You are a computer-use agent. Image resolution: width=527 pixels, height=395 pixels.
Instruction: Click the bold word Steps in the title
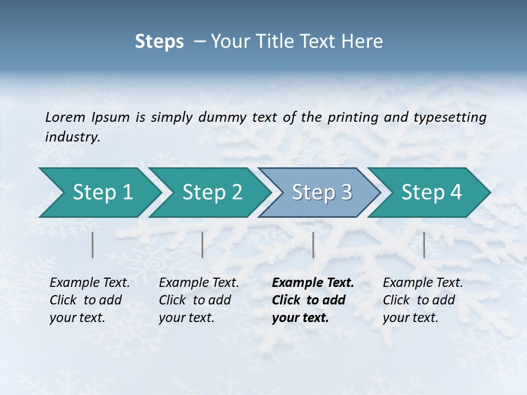coord(159,41)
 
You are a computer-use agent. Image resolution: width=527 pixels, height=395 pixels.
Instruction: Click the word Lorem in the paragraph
coord(65,117)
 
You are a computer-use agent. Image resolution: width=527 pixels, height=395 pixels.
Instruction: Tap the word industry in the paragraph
coord(72,137)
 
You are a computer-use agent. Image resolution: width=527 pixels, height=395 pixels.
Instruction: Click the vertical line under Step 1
coord(93,245)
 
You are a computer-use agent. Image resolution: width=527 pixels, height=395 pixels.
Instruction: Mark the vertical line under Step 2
coord(203,245)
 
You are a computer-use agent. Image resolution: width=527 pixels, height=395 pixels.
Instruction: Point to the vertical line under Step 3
coord(313,245)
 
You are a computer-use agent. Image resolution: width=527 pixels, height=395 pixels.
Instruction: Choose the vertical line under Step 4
coord(424,245)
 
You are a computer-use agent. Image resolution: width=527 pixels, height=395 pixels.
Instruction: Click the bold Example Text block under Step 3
coord(312,300)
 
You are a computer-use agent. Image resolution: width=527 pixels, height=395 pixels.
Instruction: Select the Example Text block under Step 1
coord(89,300)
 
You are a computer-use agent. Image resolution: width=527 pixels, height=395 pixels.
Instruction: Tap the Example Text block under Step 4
coord(422,300)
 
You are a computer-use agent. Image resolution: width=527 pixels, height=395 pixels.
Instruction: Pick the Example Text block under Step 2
coord(198,300)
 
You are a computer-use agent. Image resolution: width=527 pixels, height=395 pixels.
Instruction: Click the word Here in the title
coord(364,41)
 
